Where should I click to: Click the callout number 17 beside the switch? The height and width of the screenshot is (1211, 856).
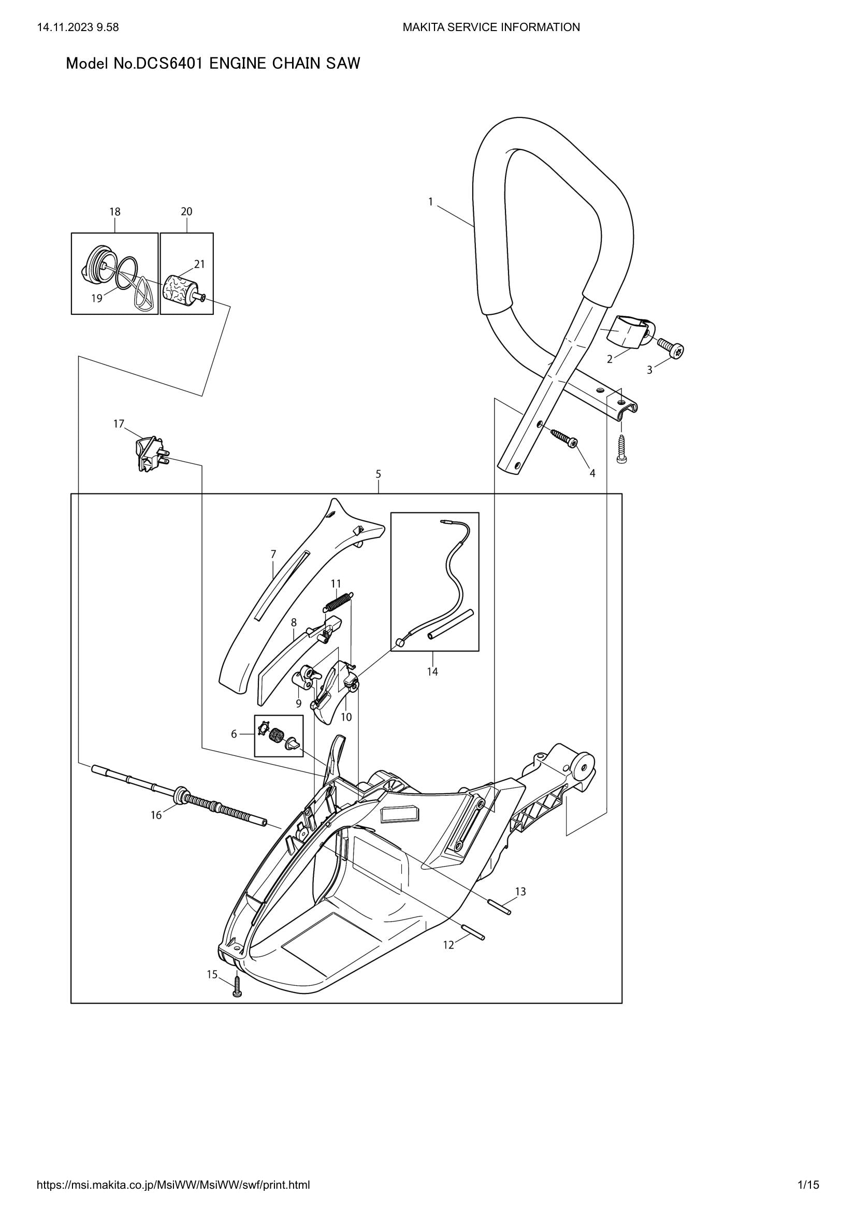coord(119,424)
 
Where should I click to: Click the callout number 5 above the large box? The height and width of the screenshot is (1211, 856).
coord(378,474)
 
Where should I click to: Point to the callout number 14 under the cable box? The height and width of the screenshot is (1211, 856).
coord(432,672)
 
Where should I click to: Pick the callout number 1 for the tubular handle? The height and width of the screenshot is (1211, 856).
coord(430,201)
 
